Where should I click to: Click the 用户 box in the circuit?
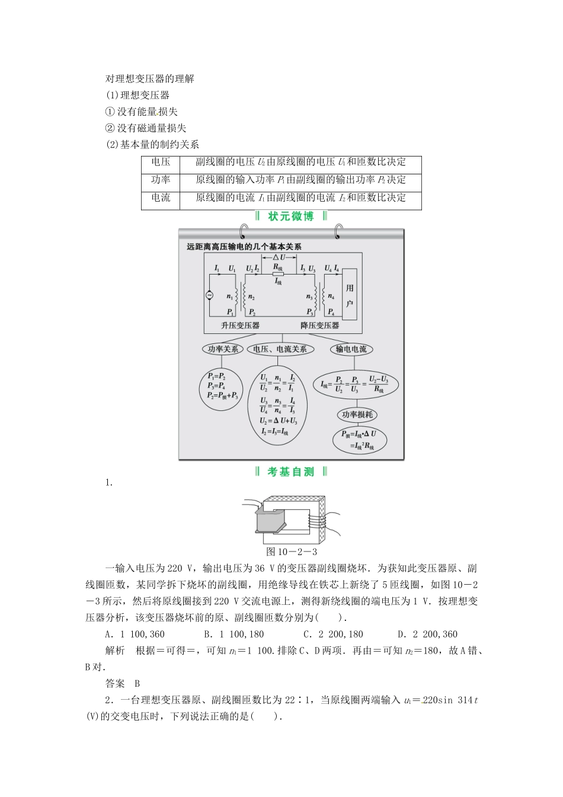pyautogui.click(x=350, y=295)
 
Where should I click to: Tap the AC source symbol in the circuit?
pyautogui.click(x=209, y=295)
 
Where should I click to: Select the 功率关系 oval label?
pyautogui.click(x=223, y=349)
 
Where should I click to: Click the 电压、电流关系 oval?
pyautogui.click(x=280, y=349)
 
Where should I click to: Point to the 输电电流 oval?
pyautogui.click(x=351, y=349)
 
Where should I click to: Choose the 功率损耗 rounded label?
pyautogui.click(x=357, y=415)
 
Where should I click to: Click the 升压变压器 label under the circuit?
pyautogui.click(x=240, y=326)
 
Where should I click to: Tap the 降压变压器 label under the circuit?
pyautogui.click(x=320, y=326)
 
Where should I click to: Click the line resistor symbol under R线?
pyautogui.click(x=278, y=274)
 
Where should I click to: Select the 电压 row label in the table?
pyautogui.click(x=161, y=162)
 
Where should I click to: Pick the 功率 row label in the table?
pyautogui.click(x=161, y=180)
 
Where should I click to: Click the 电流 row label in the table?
pyautogui.click(x=161, y=197)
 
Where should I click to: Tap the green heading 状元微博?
pyautogui.click(x=291, y=216)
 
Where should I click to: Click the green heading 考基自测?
pyautogui.click(x=291, y=472)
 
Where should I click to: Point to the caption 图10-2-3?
pyautogui.click(x=292, y=552)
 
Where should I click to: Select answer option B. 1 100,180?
pyautogui.click(x=233, y=634)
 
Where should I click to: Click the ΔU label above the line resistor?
pyautogui.click(x=279, y=257)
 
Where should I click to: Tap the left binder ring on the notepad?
pyautogui.click(x=244, y=231)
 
